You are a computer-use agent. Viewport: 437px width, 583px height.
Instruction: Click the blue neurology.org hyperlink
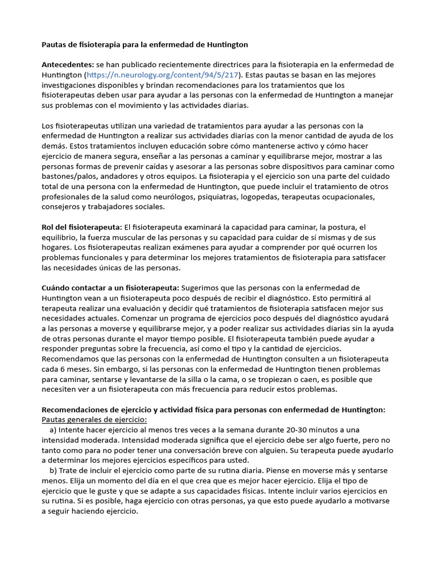pos(162,75)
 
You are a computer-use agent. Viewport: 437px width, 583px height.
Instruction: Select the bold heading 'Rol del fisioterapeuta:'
pos(82,227)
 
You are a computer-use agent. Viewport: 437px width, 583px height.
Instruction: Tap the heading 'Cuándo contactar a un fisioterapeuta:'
pos(111,288)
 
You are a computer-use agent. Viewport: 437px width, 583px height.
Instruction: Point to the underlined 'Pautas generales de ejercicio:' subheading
pos(94,420)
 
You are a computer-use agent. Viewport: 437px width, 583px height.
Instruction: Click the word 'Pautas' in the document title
pos(56,44)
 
